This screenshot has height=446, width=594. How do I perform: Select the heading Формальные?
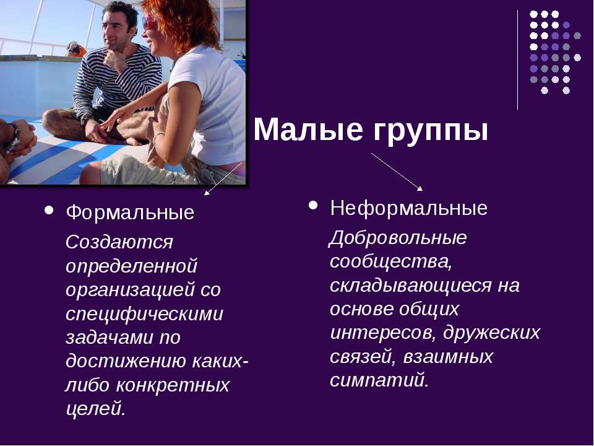point(130,212)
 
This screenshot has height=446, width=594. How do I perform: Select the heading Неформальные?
point(409,208)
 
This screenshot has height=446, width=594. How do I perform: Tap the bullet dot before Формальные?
point(49,210)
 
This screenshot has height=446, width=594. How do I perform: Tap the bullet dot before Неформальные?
point(313,206)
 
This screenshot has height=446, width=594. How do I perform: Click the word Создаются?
point(119,242)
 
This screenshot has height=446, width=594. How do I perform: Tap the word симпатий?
point(379,380)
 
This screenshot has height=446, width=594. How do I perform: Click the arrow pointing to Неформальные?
point(397,172)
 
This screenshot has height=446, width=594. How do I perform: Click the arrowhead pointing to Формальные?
point(206,193)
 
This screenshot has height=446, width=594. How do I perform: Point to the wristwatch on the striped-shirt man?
point(85,119)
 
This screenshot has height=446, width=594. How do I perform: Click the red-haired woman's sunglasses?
point(149,23)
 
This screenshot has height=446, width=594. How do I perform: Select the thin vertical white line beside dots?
point(517,59)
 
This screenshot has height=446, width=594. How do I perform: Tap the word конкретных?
point(173,385)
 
